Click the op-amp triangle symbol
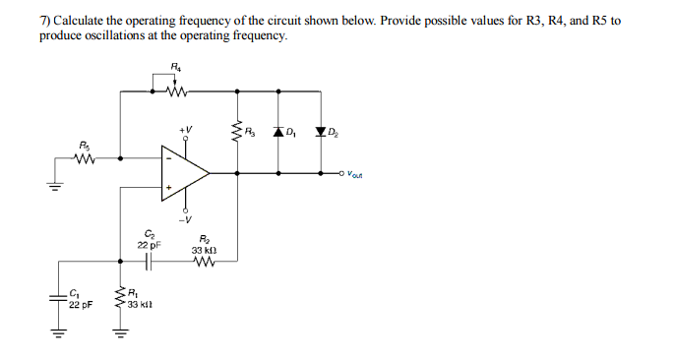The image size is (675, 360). (x=185, y=173)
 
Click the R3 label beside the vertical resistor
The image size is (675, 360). (x=252, y=132)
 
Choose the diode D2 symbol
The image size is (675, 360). (x=321, y=132)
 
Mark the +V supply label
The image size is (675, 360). (x=185, y=129)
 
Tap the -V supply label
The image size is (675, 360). (x=185, y=219)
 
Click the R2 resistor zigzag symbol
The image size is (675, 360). (x=205, y=261)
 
